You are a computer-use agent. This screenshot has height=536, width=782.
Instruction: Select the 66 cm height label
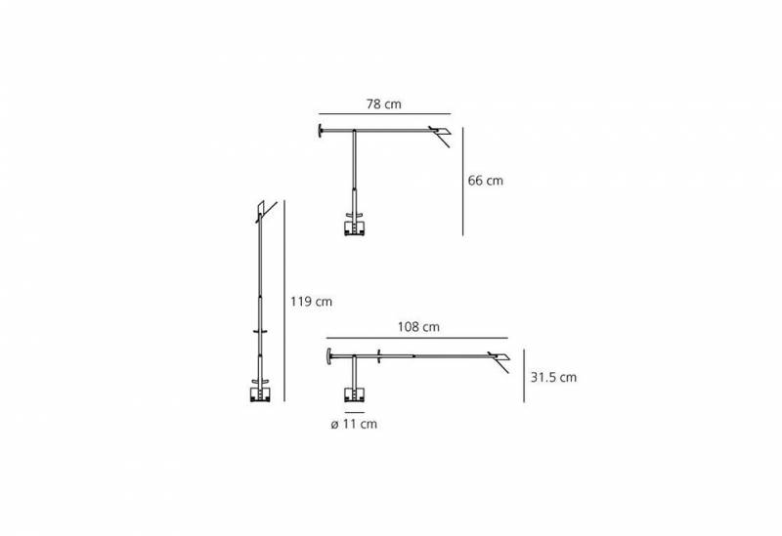pyautogui.click(x=486, y=181)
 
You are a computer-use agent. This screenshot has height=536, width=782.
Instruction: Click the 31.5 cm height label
pyautogui.click(x=553, y=377)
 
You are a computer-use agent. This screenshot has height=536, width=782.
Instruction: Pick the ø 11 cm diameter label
pyautogui.click(x=354, y=424)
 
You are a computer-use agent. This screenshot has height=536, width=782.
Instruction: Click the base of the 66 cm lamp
pyautogui.click(x=354, y=228)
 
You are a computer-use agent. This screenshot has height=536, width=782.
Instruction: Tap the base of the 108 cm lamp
pyautogui.click(x=353, y=394)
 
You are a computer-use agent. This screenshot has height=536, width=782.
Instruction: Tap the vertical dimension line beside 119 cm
pyautogui.click(x=283, y=302)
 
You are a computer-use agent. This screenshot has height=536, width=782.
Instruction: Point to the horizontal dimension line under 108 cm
pyautogui.click(x=417, y=339)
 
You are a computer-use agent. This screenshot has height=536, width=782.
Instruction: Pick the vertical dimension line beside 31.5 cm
pyautogui.click(x=526, y=377)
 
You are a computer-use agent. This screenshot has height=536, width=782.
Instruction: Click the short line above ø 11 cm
pyautogui.click(x=353, y=412)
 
